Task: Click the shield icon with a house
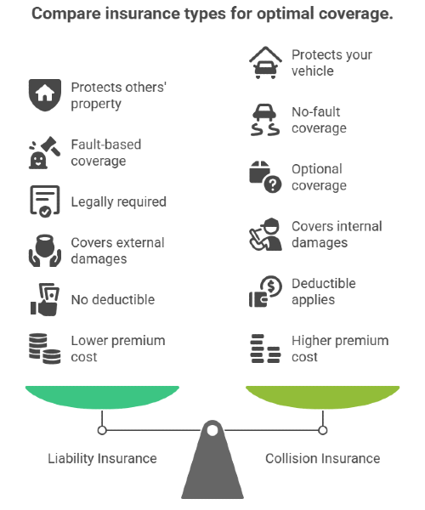[45, 95]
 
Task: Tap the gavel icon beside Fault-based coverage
[45, 152]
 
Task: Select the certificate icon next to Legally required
[45, 201]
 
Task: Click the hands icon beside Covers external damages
[45, 251]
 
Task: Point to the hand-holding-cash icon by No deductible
[45, 299]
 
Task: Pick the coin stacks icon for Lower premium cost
[44, 348]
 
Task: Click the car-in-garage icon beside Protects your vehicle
[265, 62]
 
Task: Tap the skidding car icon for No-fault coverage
[265, 120]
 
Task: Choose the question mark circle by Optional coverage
[273, 184]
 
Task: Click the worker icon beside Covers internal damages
[265, 235]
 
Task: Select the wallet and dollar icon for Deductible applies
[265, 292]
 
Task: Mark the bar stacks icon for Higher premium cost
[265, 348]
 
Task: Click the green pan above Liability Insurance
[102, 397]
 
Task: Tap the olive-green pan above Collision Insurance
[322, 397]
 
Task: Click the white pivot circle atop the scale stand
[212, 430]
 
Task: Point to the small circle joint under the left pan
[102, 430]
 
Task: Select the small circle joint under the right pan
[322, 430]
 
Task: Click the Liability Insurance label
[102, 459]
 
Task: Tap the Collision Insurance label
[322, 459]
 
